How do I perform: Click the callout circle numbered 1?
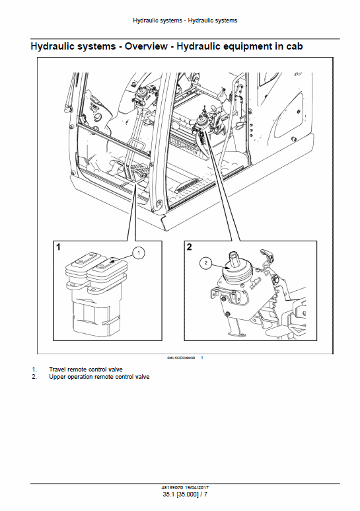click(x=139, y=252)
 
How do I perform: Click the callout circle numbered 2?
click(x=206, y=263)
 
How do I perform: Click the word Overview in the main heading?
click(x=147, y=47)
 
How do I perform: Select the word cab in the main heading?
click(x=293, y=47)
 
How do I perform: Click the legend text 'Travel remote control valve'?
click(x=86, y=369)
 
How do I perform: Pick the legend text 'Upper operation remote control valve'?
click(x=99, y=377)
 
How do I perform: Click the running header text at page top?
click(x=180, y=20)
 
